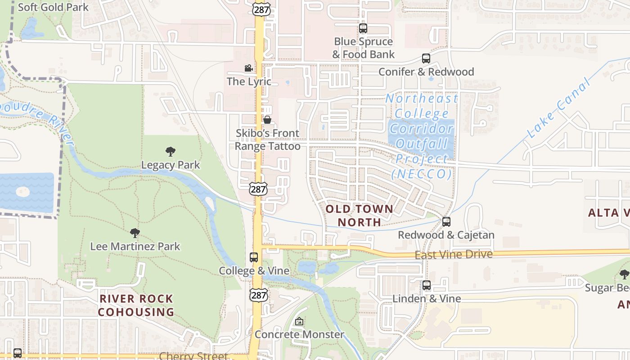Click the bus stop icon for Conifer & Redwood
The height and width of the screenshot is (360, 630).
click(x=426, y=58)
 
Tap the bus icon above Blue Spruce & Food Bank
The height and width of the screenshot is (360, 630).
click(x=363, y=28)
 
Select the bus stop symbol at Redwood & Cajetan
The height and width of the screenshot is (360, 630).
click(x=446, y=222)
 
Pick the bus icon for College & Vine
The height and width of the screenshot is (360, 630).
click(x=254, y=257)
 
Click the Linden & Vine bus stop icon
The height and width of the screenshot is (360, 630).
click(x=426, y=285)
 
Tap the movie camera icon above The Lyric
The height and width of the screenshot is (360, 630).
click(x=248, y=68)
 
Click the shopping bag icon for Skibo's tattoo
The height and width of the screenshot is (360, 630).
click(x=267, y=120)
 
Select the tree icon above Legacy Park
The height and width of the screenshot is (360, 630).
click(x=170, y=152)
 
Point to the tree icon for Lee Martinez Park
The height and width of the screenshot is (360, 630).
click(x=135, y=233)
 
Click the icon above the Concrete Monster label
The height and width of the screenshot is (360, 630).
click(x=299, y=321)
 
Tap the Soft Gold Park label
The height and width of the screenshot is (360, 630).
click(x=53, y=7)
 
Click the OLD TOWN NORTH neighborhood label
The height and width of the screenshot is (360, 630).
click(x=359, y=215)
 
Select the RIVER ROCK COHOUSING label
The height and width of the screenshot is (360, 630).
click(x=136, y=305)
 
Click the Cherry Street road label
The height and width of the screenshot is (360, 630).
click(x=193, y=356)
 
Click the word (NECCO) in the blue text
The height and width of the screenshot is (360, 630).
click(x=421, y=174)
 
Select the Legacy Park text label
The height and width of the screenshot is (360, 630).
click(x=171, y=165)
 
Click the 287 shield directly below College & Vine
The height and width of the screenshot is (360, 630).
click(x=259, y=295)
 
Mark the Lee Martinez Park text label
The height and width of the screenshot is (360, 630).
click(x=135, y=247)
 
